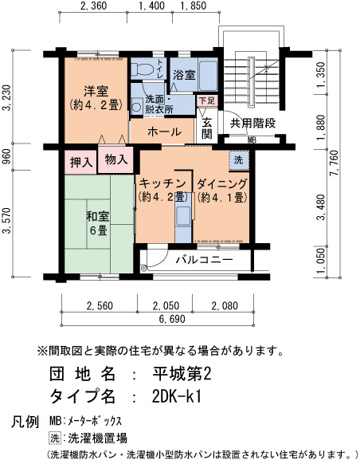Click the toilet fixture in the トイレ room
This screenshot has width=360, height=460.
[143, 69]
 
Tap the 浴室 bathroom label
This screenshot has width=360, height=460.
[184, 75]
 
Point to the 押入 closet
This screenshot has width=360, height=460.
[80, 162]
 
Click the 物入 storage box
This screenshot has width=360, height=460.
[115, 160]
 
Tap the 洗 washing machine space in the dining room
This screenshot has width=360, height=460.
[239, 160]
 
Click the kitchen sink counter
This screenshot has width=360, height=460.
[183, 218]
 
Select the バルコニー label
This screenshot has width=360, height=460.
[205, 260]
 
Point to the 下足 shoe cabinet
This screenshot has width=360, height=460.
[207, 100]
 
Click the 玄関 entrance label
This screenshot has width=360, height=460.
[207, 128]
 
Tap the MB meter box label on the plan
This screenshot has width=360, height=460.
[252, 140]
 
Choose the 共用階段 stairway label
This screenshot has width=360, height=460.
[252, 124]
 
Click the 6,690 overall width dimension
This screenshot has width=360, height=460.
[172, 319]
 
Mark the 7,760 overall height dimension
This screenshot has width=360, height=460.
[335, 163]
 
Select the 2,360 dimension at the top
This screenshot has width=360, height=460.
[93, 6]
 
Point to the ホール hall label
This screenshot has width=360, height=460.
[164, 132]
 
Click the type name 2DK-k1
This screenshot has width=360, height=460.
[177, 397]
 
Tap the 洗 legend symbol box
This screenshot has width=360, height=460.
[55, 438]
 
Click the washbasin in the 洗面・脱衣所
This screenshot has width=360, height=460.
[136, 106]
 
